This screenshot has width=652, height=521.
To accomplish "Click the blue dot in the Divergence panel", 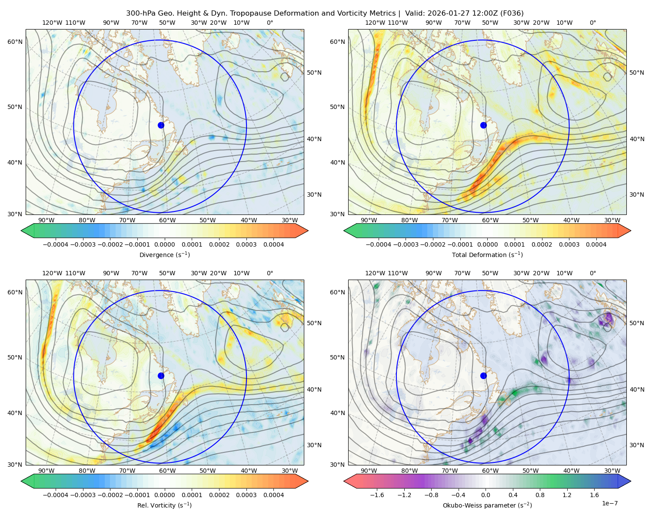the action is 161,125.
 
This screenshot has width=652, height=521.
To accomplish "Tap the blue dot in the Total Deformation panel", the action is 483,125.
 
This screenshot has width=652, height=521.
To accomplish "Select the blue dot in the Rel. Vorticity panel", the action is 161,376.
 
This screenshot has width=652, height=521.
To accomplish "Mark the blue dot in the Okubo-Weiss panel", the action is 483,376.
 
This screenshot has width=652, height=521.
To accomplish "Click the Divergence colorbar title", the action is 164,254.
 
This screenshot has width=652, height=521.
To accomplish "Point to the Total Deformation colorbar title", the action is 487,254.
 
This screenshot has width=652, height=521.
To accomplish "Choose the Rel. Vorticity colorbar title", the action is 164,505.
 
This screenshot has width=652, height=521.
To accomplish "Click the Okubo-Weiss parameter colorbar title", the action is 487,505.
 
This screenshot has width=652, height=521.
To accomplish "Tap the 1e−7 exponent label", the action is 609,503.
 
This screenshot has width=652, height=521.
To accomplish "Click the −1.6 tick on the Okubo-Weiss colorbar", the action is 377,495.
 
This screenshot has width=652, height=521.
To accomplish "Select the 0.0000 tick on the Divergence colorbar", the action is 164,244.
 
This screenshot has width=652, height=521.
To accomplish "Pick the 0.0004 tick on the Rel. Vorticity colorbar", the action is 273,495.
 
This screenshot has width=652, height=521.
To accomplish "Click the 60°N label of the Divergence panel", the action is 15,42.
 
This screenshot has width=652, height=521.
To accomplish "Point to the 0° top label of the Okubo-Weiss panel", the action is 592,273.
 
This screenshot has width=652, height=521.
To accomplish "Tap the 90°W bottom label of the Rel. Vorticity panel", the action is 47,471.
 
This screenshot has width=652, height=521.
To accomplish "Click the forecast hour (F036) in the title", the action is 512,13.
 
